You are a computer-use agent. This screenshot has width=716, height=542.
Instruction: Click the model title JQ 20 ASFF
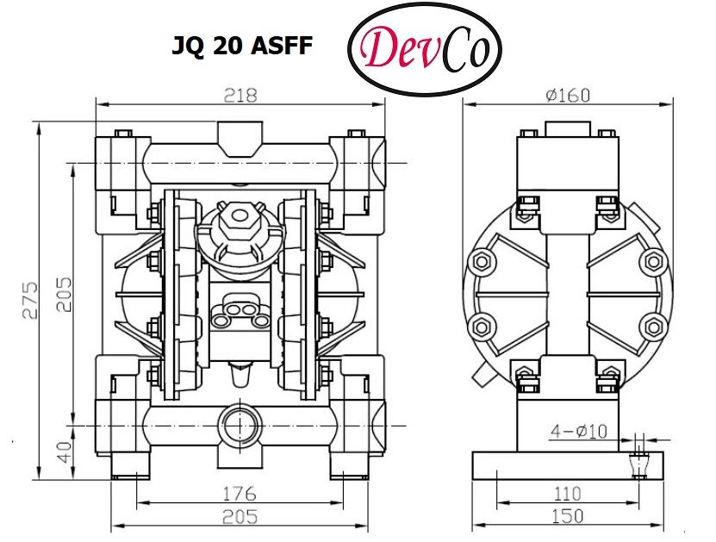(x=242, y=47)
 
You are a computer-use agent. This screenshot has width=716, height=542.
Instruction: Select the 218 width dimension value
(x=240, y=95)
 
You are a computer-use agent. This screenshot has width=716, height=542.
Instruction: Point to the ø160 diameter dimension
(x=567, y=95)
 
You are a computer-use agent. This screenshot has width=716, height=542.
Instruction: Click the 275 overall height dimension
(x=31, y=300)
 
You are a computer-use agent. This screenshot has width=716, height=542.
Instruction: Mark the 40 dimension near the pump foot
(x=65, y=452)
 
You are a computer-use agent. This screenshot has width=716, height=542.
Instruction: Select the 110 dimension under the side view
(x=567, y=494)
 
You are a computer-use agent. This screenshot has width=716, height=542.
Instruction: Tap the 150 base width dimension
(x=567, y=516)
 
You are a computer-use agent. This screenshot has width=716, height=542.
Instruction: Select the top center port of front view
(x=240, y=136)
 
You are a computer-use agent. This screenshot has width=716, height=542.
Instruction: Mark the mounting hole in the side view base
(x=638, y=462)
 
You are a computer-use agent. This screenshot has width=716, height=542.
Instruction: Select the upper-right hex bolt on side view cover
(x=655, y=259)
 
